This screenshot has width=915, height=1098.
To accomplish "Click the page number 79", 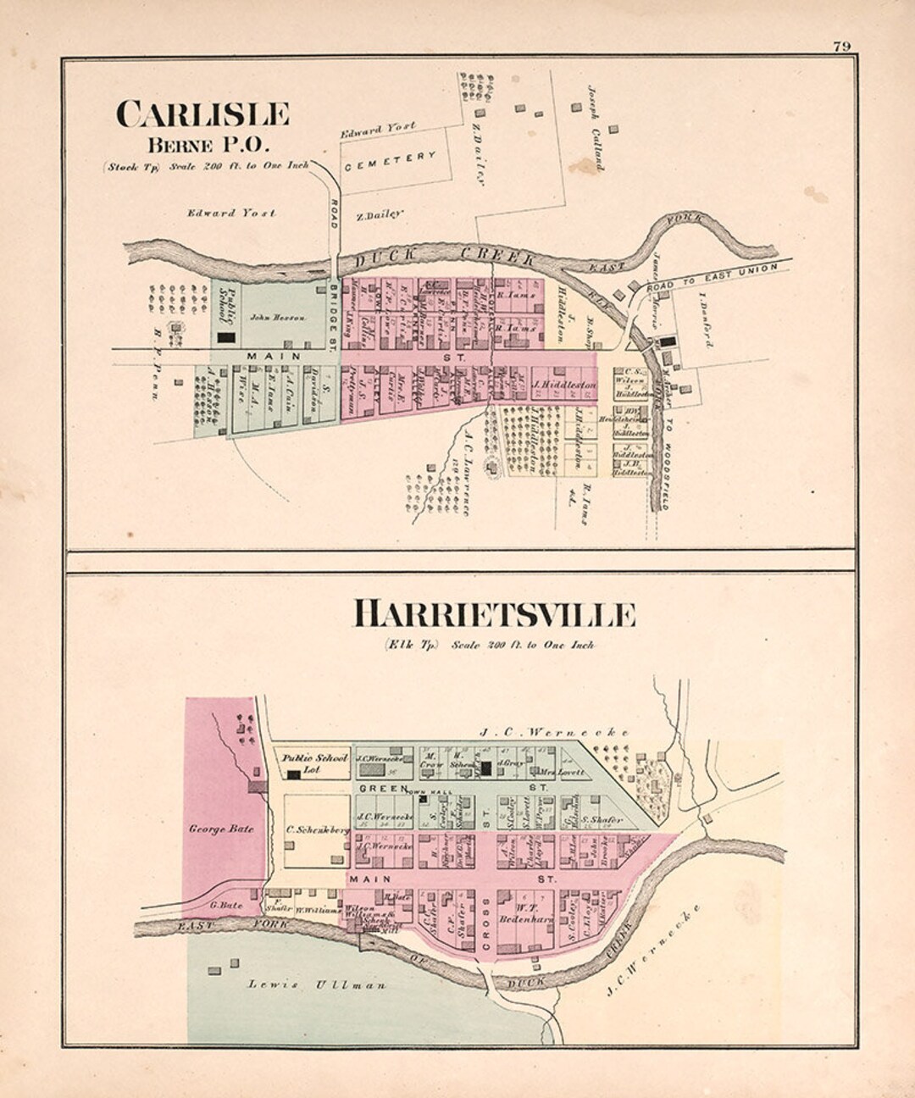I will tap(841, 46).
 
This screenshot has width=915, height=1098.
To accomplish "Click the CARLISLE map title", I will tap(202, 114).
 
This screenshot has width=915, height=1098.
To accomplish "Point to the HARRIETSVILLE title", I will tap(493, 614).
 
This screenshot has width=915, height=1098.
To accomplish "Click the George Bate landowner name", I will tap(221, 829).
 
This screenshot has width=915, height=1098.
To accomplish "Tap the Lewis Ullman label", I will tap(317, 984).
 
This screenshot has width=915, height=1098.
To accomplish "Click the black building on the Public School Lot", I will tap(293, 774).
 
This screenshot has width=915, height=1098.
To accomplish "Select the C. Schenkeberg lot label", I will tap(317, 831).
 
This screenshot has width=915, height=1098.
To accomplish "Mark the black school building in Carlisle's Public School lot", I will tap(226, 337).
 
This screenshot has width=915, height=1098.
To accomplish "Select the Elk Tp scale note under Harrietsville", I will tap(489, 645).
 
